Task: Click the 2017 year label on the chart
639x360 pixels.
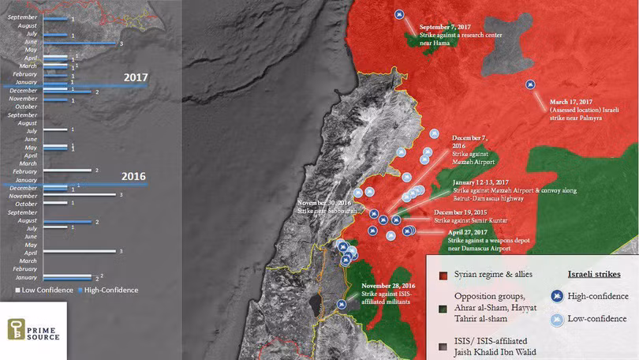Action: click(x=135, y=77)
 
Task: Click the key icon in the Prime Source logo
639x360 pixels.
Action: click(x=17, y=329)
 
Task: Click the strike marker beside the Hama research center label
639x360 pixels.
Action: click(x=399, y=15)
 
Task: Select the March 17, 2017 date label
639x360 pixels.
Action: click(x=561, y=102)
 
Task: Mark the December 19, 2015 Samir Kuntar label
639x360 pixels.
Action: click(x=469, y=213)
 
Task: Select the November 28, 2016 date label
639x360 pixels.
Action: click(x=387, y=284)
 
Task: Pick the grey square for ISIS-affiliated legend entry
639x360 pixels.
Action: click(x=443, y=345)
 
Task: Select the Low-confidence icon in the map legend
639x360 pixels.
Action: click(x=558, y=320)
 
